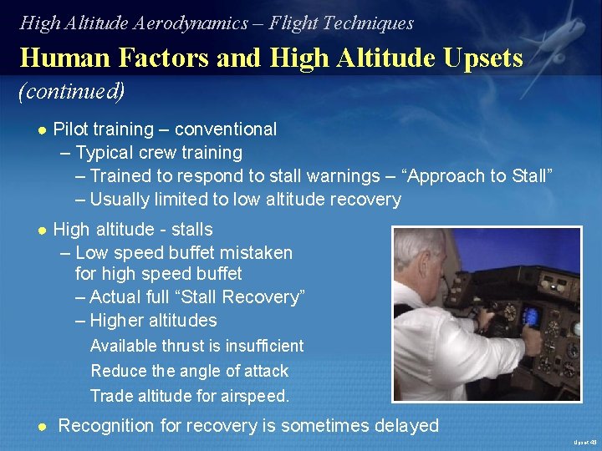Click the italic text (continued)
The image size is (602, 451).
point(72,90)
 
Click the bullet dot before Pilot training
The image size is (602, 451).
point(41,129)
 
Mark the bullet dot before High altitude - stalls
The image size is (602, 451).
point(41,230)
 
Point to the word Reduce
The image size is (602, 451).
point(115,371)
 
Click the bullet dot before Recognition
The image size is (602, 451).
point(41,426)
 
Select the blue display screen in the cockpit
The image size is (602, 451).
point(529,317)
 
